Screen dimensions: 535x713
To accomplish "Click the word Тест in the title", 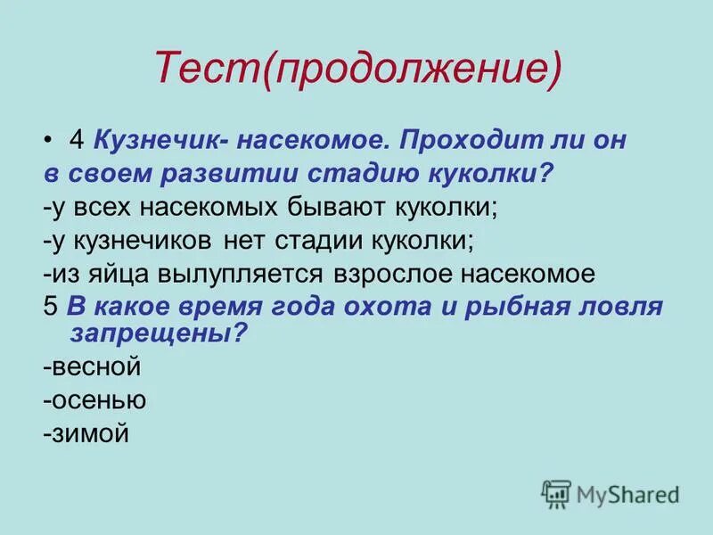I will (206, 69).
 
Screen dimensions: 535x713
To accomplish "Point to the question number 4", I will (76, 141).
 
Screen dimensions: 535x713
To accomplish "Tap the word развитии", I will (227, 174).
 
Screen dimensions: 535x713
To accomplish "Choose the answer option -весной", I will (91, 366).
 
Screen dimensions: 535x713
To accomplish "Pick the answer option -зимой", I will (86, 433).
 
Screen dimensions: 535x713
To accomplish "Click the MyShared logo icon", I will (555, 492).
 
